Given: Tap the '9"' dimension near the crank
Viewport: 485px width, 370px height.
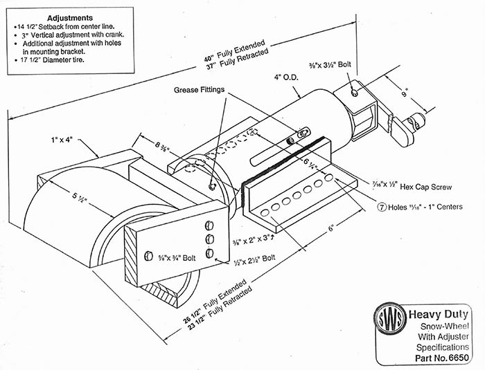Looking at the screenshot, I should coord(404,89).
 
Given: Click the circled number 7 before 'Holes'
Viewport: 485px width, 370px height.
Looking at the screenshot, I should coord(381,205).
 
